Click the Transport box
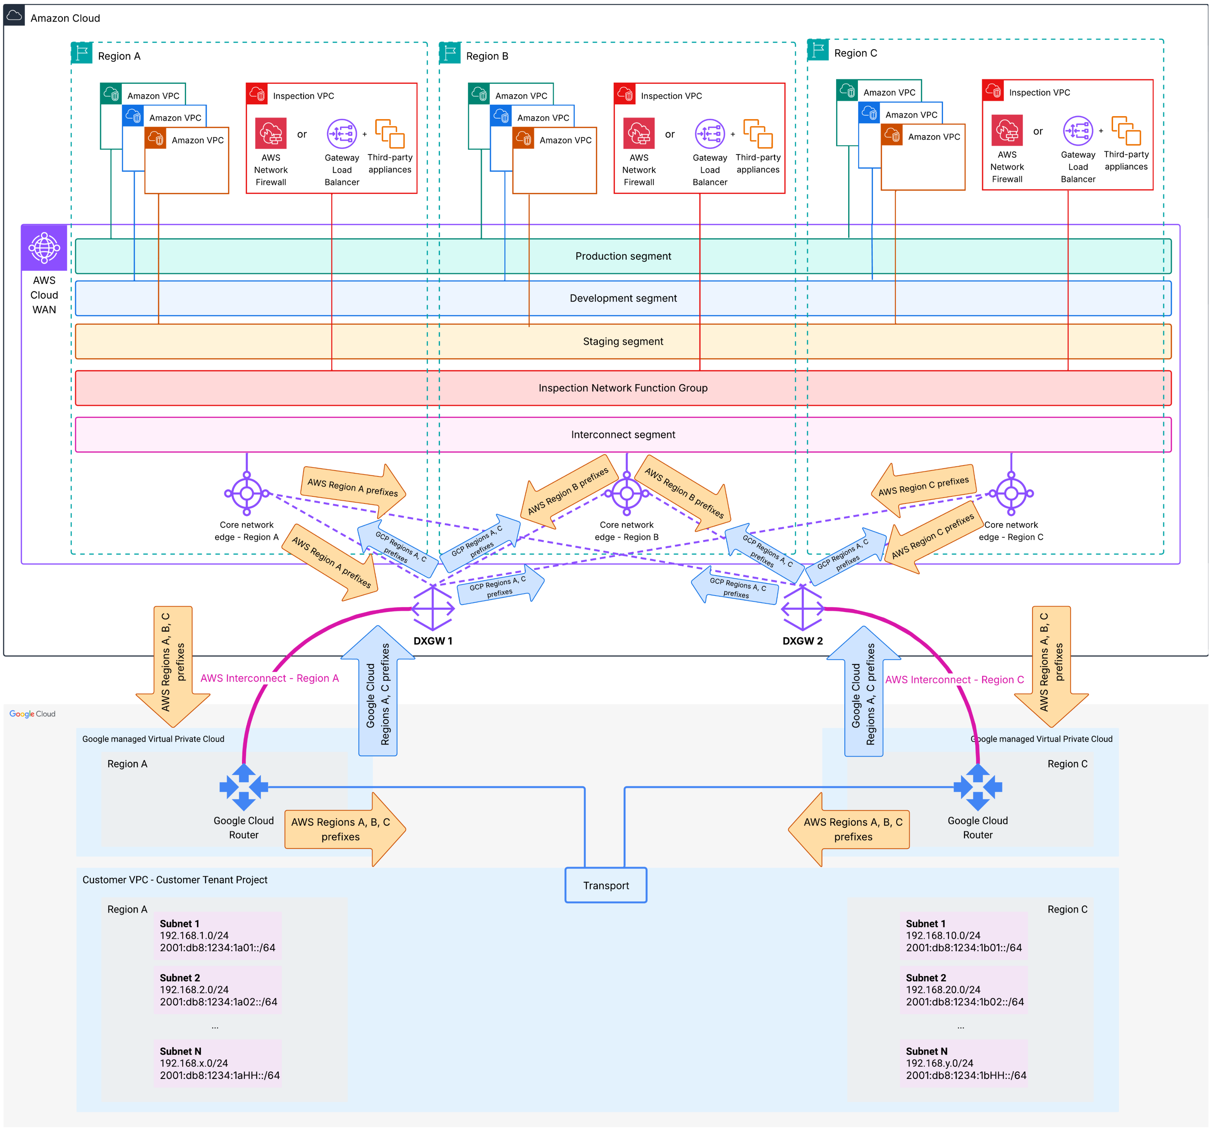(x=605, y=885)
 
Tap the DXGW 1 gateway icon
(x=433, y=608)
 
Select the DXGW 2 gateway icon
(x=802, y=608)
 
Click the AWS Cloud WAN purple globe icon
(x=44, y=247)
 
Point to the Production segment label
(x=623, y=256)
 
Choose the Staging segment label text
(x=623, y=341)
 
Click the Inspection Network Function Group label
(x=623, y=388)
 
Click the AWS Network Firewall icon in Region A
(x=271, y=134)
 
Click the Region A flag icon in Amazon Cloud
(x=82, y=53)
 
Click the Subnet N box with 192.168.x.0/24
(x=217, y=1063)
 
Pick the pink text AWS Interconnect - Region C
(x=954, y=679)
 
